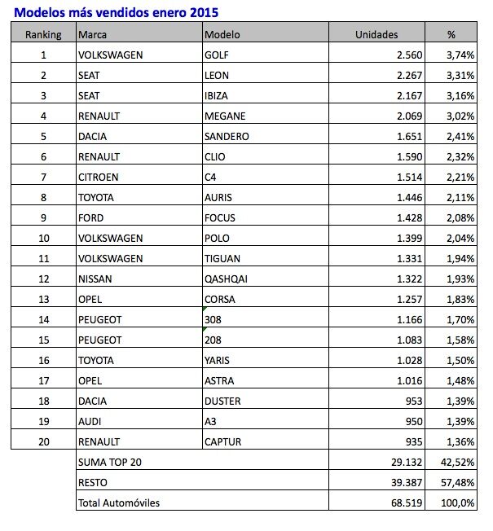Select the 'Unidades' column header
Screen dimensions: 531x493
376,35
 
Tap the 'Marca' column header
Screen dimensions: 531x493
92,35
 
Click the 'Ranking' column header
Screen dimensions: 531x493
43,35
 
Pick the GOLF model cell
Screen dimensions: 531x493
218,55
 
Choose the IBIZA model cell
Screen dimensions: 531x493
217,96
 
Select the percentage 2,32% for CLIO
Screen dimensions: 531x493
460,156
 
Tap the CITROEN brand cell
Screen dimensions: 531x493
98,177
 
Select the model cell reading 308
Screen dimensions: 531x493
213,320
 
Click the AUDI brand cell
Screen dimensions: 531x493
89,421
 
